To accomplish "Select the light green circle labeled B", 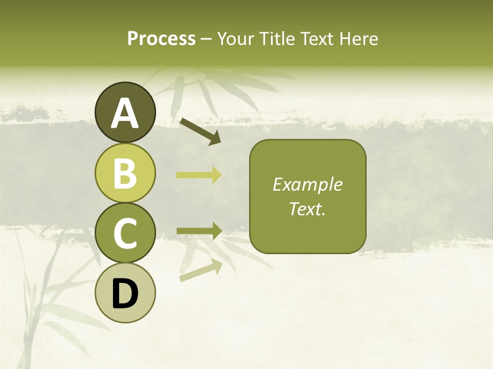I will click(x=125, y=173).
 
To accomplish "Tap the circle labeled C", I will click(x=125, y=233).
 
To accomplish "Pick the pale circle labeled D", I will click(x=125, y=293).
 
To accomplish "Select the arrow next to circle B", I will click(x=199, y=175).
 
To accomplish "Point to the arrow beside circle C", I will click(x=199, y=231).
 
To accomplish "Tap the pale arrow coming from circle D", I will click(x=201, y=271).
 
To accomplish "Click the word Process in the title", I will click(x=161, y=38).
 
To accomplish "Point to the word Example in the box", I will click(x=307, y=184).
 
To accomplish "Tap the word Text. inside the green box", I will click(x=307, y=209).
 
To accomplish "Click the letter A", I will click(x=125, y=114).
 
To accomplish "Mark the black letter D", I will click(x=125, y=294).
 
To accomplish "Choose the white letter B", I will click(x=125, y=173).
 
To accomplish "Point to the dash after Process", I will click(x=206, y=39).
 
